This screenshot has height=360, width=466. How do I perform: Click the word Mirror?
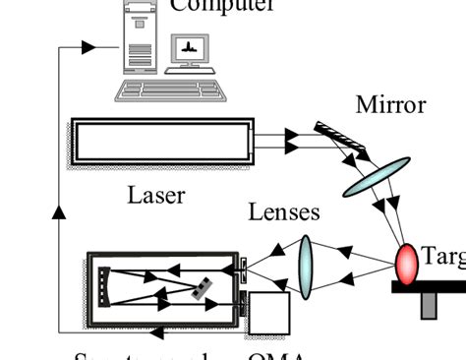point(391,104)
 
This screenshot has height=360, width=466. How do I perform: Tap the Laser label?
point(156,194)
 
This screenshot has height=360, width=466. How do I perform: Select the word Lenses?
point(284,211)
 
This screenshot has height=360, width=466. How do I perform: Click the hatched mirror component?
point(341,140)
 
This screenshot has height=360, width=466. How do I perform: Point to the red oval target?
point(407,263)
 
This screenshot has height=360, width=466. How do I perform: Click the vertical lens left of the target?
point(305,265)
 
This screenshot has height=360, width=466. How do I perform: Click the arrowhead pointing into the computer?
point(88,46)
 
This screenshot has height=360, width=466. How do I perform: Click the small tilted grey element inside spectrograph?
point(202,288)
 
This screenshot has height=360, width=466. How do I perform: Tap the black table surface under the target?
point(429,287)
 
